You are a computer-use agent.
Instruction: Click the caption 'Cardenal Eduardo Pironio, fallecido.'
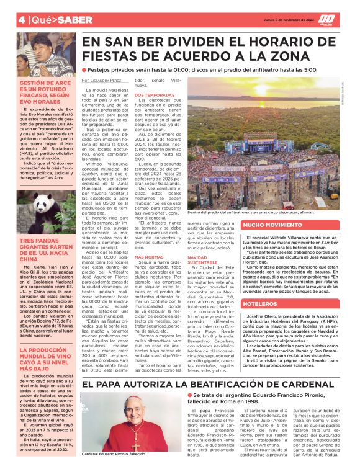[116, 455]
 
